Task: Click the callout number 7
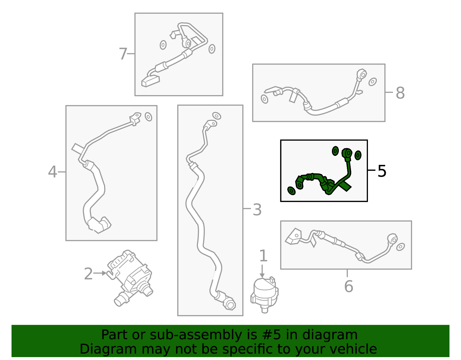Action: click(123, 54)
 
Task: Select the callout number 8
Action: click(400, 93)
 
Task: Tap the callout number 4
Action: click(53, 171)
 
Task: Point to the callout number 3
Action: click(257, 210)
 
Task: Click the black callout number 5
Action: click(382, 171)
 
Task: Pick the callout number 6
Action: click(349, 286)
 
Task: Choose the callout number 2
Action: click(88, 274)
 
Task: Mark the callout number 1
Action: click(263, 256)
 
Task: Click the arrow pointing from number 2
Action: click(100, 273)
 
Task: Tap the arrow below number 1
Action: click(262, 271)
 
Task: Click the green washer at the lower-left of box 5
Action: click(291, 191)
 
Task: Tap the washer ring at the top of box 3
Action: click(217, 116)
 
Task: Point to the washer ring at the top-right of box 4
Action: click(148, 117)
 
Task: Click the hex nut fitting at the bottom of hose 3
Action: click(230, 305)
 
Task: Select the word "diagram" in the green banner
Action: click(330, 335)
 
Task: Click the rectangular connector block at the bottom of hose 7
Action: click(151, 81)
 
